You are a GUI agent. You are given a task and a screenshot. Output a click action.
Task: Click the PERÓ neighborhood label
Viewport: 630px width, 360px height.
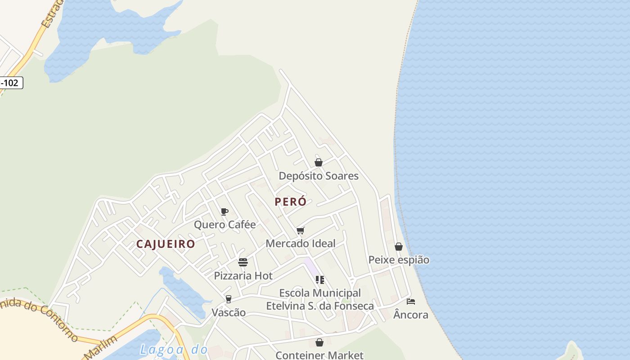(x=291, y=202)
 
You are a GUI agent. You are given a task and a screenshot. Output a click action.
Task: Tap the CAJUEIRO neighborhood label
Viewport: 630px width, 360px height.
(x=166, y=244)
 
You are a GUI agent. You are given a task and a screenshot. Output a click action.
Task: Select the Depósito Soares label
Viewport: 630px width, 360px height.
(x=319, y=176)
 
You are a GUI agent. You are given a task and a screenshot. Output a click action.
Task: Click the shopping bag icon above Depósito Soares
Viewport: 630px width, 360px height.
(x=319, y=162)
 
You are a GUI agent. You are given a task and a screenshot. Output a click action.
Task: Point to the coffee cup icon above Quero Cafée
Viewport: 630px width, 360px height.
(x=225, y=211)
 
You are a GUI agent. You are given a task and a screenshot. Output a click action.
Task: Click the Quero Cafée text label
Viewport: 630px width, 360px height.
(x=225, y=225)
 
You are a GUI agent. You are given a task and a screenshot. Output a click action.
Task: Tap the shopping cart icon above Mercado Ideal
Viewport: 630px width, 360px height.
(x=301, y=231)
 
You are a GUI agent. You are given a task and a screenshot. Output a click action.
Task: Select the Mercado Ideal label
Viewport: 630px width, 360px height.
(x=301, y=243)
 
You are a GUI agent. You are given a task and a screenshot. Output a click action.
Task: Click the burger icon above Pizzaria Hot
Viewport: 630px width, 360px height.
(x=243, y=262)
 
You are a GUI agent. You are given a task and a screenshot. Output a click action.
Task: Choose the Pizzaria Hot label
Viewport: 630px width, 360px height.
(x=243, y=275)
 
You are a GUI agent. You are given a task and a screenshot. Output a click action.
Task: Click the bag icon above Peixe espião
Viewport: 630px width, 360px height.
(x=399, y=247)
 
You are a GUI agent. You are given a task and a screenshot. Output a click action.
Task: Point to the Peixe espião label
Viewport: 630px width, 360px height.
(x=399, y=260)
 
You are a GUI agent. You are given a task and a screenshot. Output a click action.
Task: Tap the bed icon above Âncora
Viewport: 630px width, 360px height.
(x=411, y=301)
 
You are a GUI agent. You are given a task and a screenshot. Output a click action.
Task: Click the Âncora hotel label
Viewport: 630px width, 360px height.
(x=411, y=314)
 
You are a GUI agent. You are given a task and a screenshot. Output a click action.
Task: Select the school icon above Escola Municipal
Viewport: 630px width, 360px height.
(x=320, y=280)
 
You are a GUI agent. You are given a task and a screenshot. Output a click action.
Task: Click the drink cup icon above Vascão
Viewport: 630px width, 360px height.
(x=229, y=299)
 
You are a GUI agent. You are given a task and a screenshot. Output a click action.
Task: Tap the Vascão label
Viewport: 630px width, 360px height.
(x=229, y=312)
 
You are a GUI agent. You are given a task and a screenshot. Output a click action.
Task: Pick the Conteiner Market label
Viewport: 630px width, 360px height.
(x=319, y=355)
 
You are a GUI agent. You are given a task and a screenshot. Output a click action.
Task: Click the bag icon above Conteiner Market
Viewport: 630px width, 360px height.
(x=319, y=343)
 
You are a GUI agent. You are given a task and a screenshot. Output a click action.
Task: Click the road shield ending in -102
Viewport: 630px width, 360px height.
(x=11, y=83)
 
